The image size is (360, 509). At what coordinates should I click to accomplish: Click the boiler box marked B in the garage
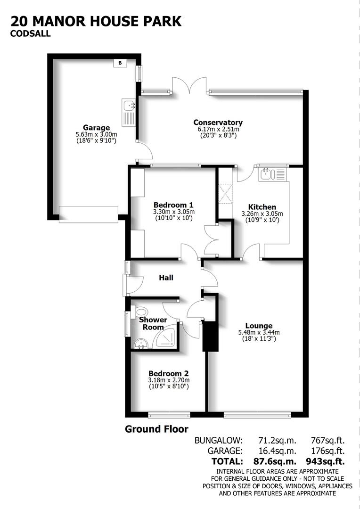coord(120,63)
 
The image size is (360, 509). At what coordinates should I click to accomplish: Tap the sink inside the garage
coord(129,113)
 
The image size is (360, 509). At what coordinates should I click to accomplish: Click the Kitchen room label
coord(262,207)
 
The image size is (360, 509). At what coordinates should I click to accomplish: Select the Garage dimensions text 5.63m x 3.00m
coord(96,134)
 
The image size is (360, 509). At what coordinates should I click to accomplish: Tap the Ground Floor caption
coord(156,429)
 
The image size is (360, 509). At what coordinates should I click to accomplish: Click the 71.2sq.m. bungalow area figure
coord(277,441)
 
